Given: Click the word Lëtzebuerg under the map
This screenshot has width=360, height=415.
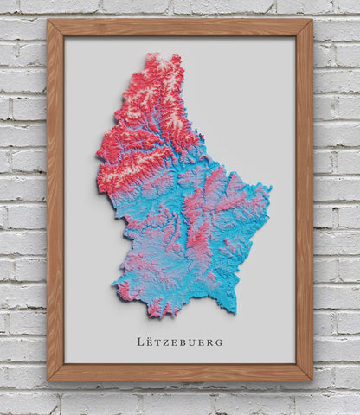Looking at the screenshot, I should (179, 342).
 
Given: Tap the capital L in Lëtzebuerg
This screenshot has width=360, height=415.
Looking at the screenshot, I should (141, 342).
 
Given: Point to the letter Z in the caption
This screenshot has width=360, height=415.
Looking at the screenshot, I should (166, 342).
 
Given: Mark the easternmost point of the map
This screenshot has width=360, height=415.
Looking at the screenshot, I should (271, 187).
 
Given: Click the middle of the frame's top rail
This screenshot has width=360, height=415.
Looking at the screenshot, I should (179, 28).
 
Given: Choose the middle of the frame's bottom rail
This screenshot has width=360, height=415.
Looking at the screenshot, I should (179, 373).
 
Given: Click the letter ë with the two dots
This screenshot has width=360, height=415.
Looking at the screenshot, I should (151, 341).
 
